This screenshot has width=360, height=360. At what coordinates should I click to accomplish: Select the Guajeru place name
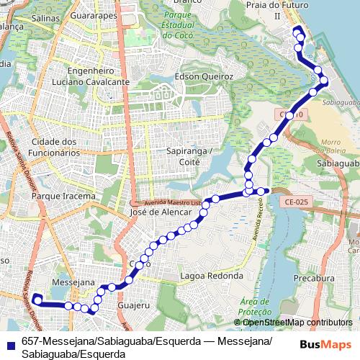(132, 306)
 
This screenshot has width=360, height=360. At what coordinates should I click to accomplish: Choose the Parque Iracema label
(63, 196)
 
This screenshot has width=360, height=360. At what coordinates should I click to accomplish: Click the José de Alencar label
(162, 212)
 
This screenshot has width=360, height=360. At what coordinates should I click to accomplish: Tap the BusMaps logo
(326, 344)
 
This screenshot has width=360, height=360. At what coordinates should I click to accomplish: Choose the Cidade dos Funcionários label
(55, 147)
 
